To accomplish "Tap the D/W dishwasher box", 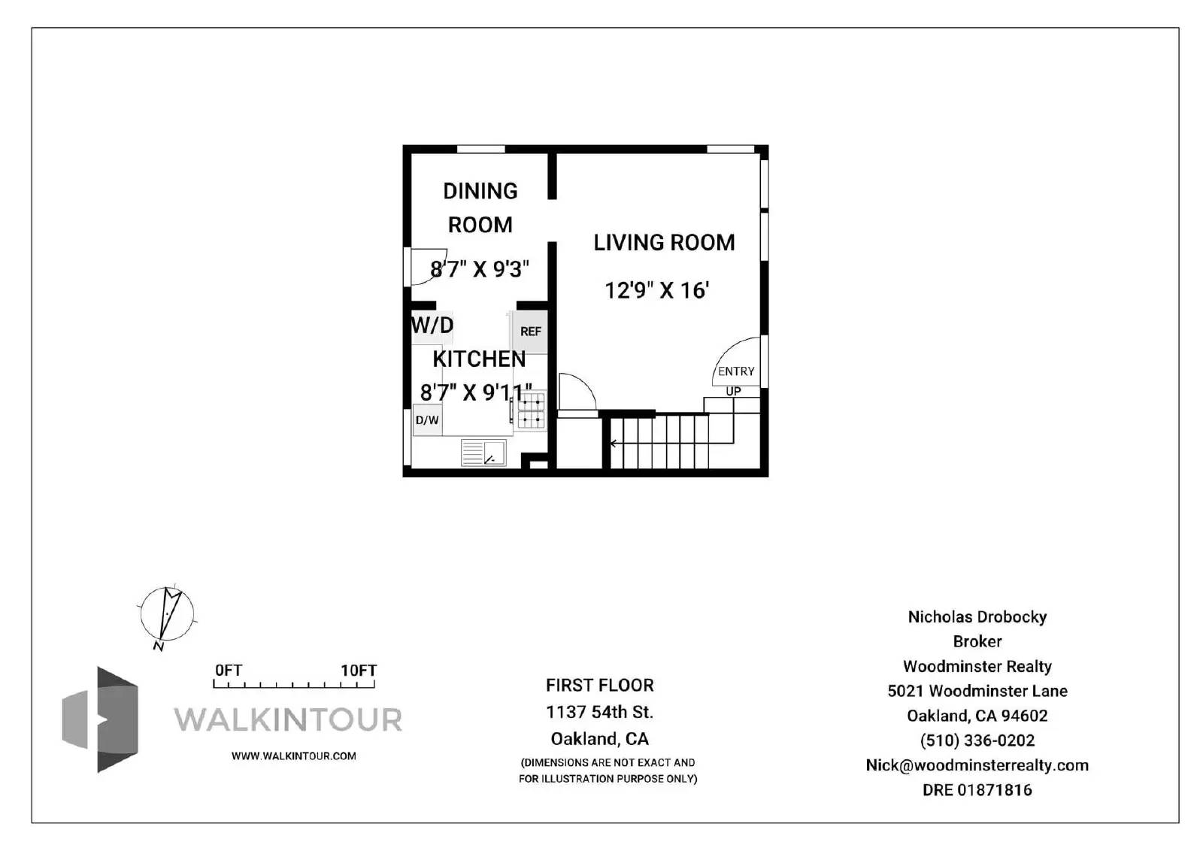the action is pos(428,420).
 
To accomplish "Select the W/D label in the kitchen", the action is pos(432,325).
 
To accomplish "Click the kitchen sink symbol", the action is pos(483,453).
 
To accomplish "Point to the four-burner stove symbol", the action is pos(531,410).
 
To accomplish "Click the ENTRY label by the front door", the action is pos(736,371).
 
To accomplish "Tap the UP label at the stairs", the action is pos(733,392).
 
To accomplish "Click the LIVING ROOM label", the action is pos(664,243).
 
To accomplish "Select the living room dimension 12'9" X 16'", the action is pos(657,290).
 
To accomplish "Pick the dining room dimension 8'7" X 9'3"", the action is pos(480,269).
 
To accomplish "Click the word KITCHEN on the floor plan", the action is pos(479,359).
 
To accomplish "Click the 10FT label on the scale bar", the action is pos(359,671).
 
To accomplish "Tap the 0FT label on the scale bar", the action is pos(229,671).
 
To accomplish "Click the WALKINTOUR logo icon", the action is pos(101,719).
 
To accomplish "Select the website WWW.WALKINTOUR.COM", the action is pos(294,756).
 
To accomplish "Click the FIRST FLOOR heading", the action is pos(600,686).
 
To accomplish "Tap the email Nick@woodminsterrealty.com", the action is pos(977,765).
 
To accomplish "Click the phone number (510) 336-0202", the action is pos(977,740).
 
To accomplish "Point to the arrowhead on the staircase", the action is pos(613,444).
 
